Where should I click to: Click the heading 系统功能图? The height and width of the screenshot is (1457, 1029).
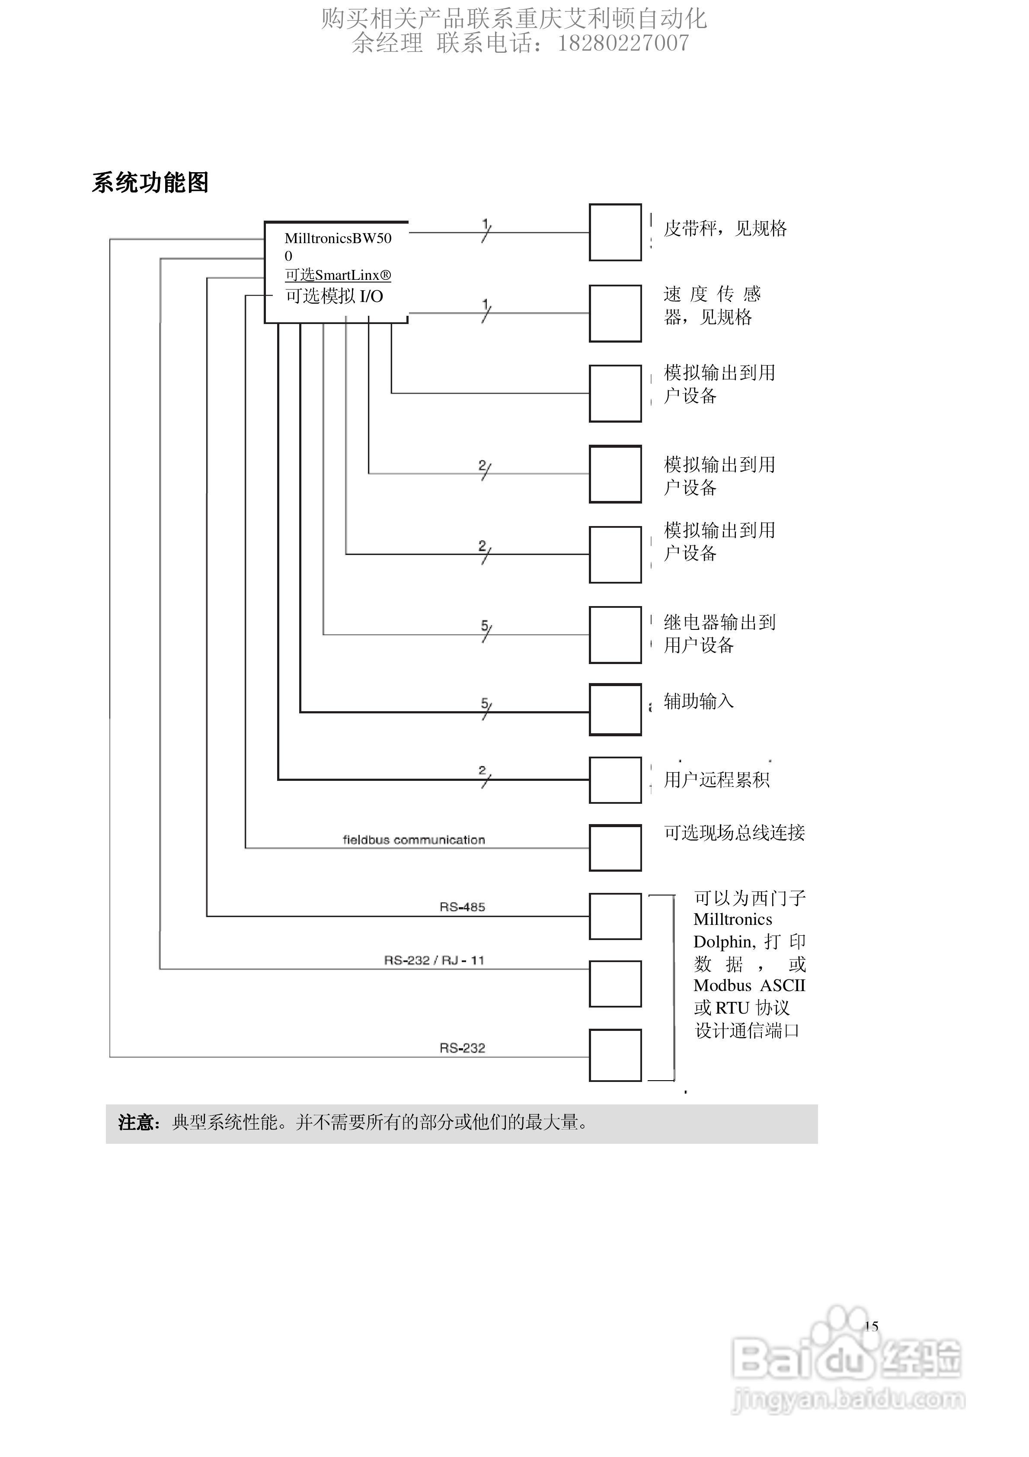[150, 183]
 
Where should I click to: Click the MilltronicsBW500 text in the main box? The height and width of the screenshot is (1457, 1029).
[338, 239]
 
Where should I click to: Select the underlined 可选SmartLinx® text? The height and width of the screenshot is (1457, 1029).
[338, 276]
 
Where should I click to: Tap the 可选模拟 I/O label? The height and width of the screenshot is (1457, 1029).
[334, 296]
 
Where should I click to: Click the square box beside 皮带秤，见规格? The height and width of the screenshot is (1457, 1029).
[615, 232]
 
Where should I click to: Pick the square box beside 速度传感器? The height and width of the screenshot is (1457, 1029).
[615, 314]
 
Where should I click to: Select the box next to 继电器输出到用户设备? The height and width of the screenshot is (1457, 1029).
[615, 635]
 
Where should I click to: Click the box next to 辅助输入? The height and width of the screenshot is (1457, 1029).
[615, 709]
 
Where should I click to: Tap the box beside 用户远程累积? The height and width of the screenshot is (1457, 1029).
[615, 780]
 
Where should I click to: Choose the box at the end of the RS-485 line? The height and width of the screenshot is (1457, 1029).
[615, 916]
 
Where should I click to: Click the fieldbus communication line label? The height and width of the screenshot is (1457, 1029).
[414, 840]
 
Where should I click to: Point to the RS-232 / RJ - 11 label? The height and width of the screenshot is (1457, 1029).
[434, 960]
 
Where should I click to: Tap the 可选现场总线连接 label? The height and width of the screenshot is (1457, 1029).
[734, 833]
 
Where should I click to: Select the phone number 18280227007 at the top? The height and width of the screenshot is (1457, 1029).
[623, 43]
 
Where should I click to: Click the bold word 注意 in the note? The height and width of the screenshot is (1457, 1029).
[136, 1123]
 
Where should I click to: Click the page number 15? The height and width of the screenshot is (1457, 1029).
[871, 1326]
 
